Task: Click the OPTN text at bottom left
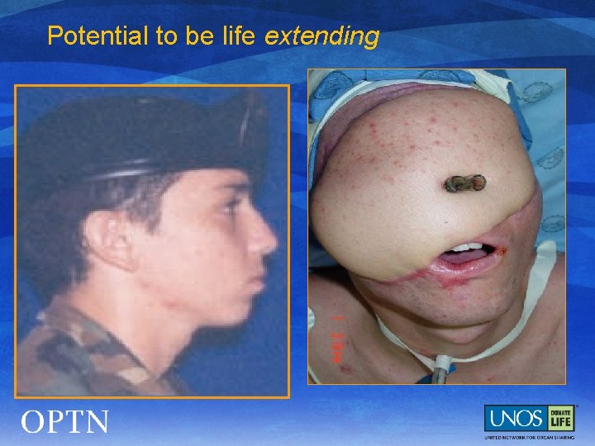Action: [65, 422]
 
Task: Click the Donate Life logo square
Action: [561, 417]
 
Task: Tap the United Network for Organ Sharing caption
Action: [528, 435]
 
